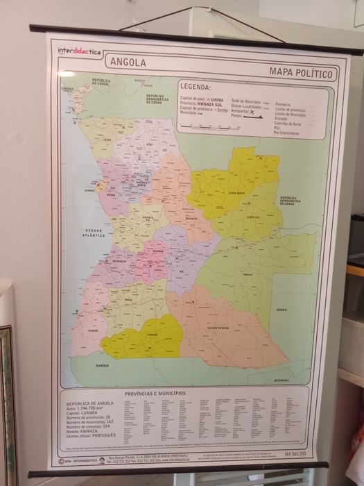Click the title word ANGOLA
128,62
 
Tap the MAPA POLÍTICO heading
302,73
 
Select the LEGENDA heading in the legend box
195,87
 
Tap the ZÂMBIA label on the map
281,309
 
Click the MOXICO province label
248,274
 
